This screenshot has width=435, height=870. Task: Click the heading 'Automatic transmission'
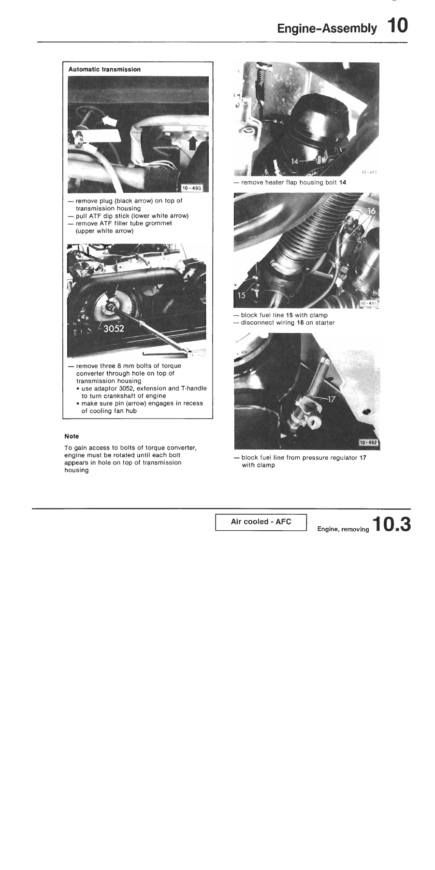(x=104, y=70)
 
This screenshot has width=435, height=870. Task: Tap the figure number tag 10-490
(x=191, y=188)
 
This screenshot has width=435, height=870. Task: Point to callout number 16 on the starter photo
(x=371, y=211)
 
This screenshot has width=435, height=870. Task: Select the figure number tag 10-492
(x=369, y=442)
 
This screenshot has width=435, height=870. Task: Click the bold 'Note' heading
(x=72, y=436)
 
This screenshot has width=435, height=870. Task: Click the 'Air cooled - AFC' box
(x=261, y=522)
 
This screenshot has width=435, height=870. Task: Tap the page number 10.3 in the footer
(x=391, y=525)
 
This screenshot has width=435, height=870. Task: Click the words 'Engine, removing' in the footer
(x=343, y=529)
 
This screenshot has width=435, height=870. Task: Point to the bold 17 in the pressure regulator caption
(x=363, y=458)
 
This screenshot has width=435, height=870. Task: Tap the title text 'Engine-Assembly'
(x=327, y=29)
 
